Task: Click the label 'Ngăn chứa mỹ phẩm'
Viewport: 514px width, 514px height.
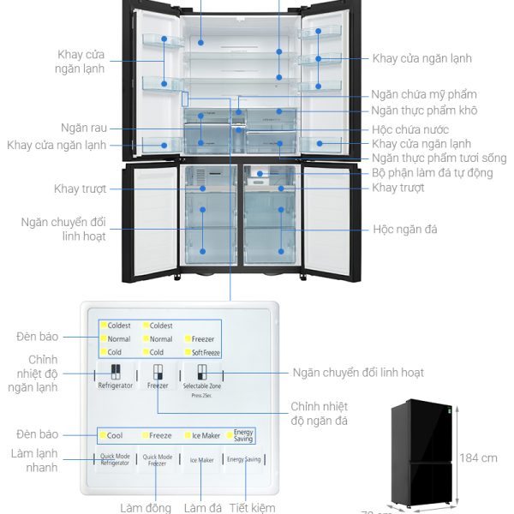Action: [x=424, y=94]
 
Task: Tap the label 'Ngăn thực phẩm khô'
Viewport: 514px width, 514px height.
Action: [x=424, y=111]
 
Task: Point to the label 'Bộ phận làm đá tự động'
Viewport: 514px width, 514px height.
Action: [x=433, y=173]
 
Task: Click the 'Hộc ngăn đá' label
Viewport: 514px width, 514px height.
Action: [x=405, y=230]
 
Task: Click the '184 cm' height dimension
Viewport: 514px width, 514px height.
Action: [x=477, y=458]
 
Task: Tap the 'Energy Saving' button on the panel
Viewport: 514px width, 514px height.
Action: [x=243, y=460]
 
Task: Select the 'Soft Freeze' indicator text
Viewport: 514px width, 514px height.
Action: [x=205, y=352]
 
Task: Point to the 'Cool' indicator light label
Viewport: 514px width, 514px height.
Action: [x=115, y=435]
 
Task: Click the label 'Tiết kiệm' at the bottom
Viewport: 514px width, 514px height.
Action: [x=253, y=508]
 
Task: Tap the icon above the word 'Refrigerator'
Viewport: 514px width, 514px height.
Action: [x=116, y=372]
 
